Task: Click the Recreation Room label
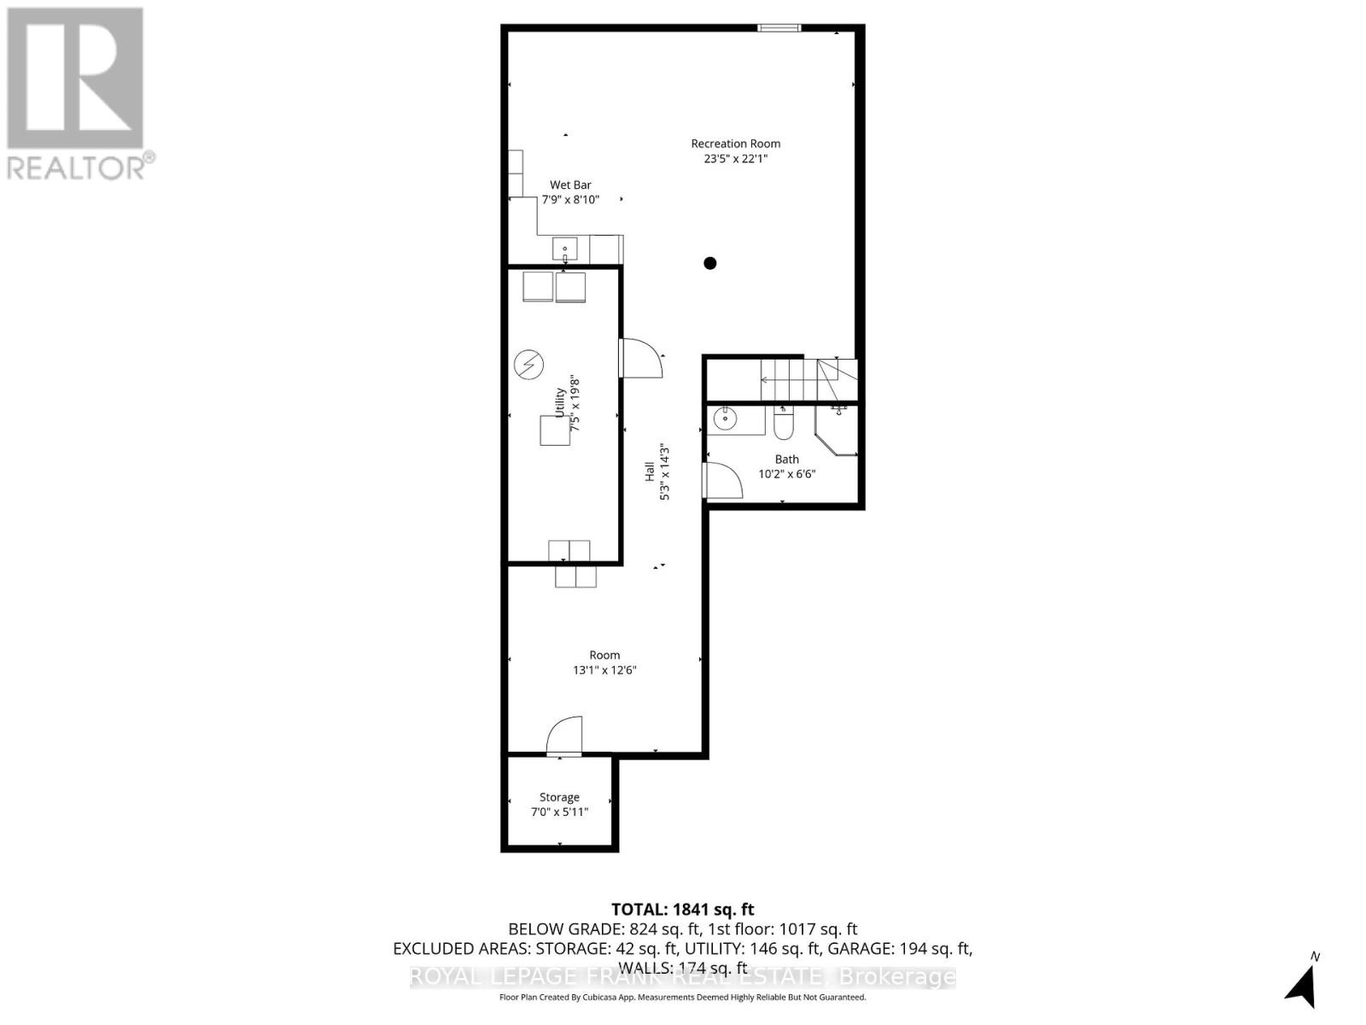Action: [x=735, y=143]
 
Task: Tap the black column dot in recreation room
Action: [x=709, y=263]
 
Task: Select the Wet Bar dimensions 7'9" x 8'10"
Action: [x=570, y=200]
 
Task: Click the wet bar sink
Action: [x=564, y=249]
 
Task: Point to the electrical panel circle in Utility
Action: [x=528, y=365]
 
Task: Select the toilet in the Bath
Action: [x=783, y=423]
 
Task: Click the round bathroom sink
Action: [x=725, y=419]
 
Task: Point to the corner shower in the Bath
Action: [x=838, y=430]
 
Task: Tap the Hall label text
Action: [x=650, y=471]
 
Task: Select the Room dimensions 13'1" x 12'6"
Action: [x=604, y=671]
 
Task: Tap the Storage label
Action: [x=559, y=797]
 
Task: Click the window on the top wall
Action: [x=779, y=28]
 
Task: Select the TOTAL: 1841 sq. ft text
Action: [x=682, y=910]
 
